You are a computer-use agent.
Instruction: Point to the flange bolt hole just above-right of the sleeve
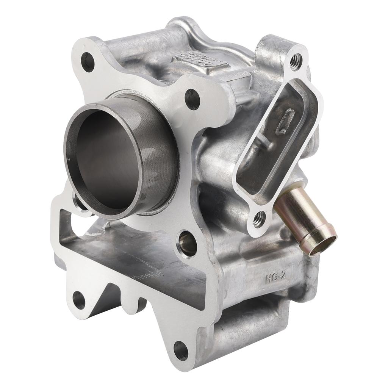coord(192,100)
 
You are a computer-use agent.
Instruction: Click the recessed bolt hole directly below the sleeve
coord(188,242)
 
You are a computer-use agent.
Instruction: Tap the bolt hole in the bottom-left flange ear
coord(79,299)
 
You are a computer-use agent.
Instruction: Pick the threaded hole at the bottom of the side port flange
coord(260,219)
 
